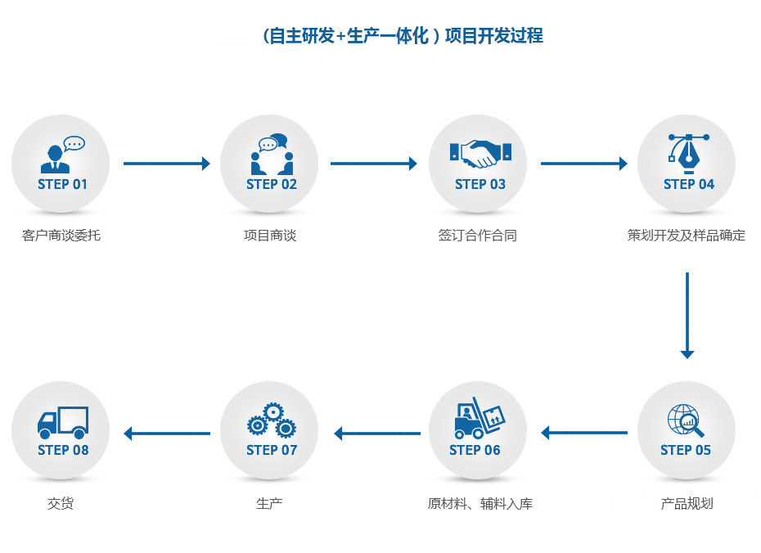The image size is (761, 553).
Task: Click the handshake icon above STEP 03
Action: tap(480, 153)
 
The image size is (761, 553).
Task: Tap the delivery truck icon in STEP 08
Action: tap(62, 420)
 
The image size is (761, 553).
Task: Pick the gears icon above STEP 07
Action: tap(271, 420)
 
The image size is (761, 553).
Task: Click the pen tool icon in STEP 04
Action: tap(688, 151)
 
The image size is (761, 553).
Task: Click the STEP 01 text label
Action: tap(62, 185)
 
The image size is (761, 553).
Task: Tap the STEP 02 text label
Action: tap(272, 185)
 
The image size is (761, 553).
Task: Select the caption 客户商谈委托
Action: tap(61, 236)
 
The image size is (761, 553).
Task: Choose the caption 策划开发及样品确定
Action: tap(687, 236)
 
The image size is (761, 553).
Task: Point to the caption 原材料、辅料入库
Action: tap(480, 504)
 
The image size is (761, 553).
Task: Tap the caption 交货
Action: tap(61, 504)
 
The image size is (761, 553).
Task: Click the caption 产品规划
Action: tap(687, 504)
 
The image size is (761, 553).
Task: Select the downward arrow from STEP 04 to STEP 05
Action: tap(687, 315)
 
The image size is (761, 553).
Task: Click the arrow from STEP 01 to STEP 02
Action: tap(166, 164)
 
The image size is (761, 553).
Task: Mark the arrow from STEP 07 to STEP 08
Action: tap(166, 434)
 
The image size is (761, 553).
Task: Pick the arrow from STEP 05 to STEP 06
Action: tap(584, 433)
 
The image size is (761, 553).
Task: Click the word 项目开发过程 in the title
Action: tap(493, 36)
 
